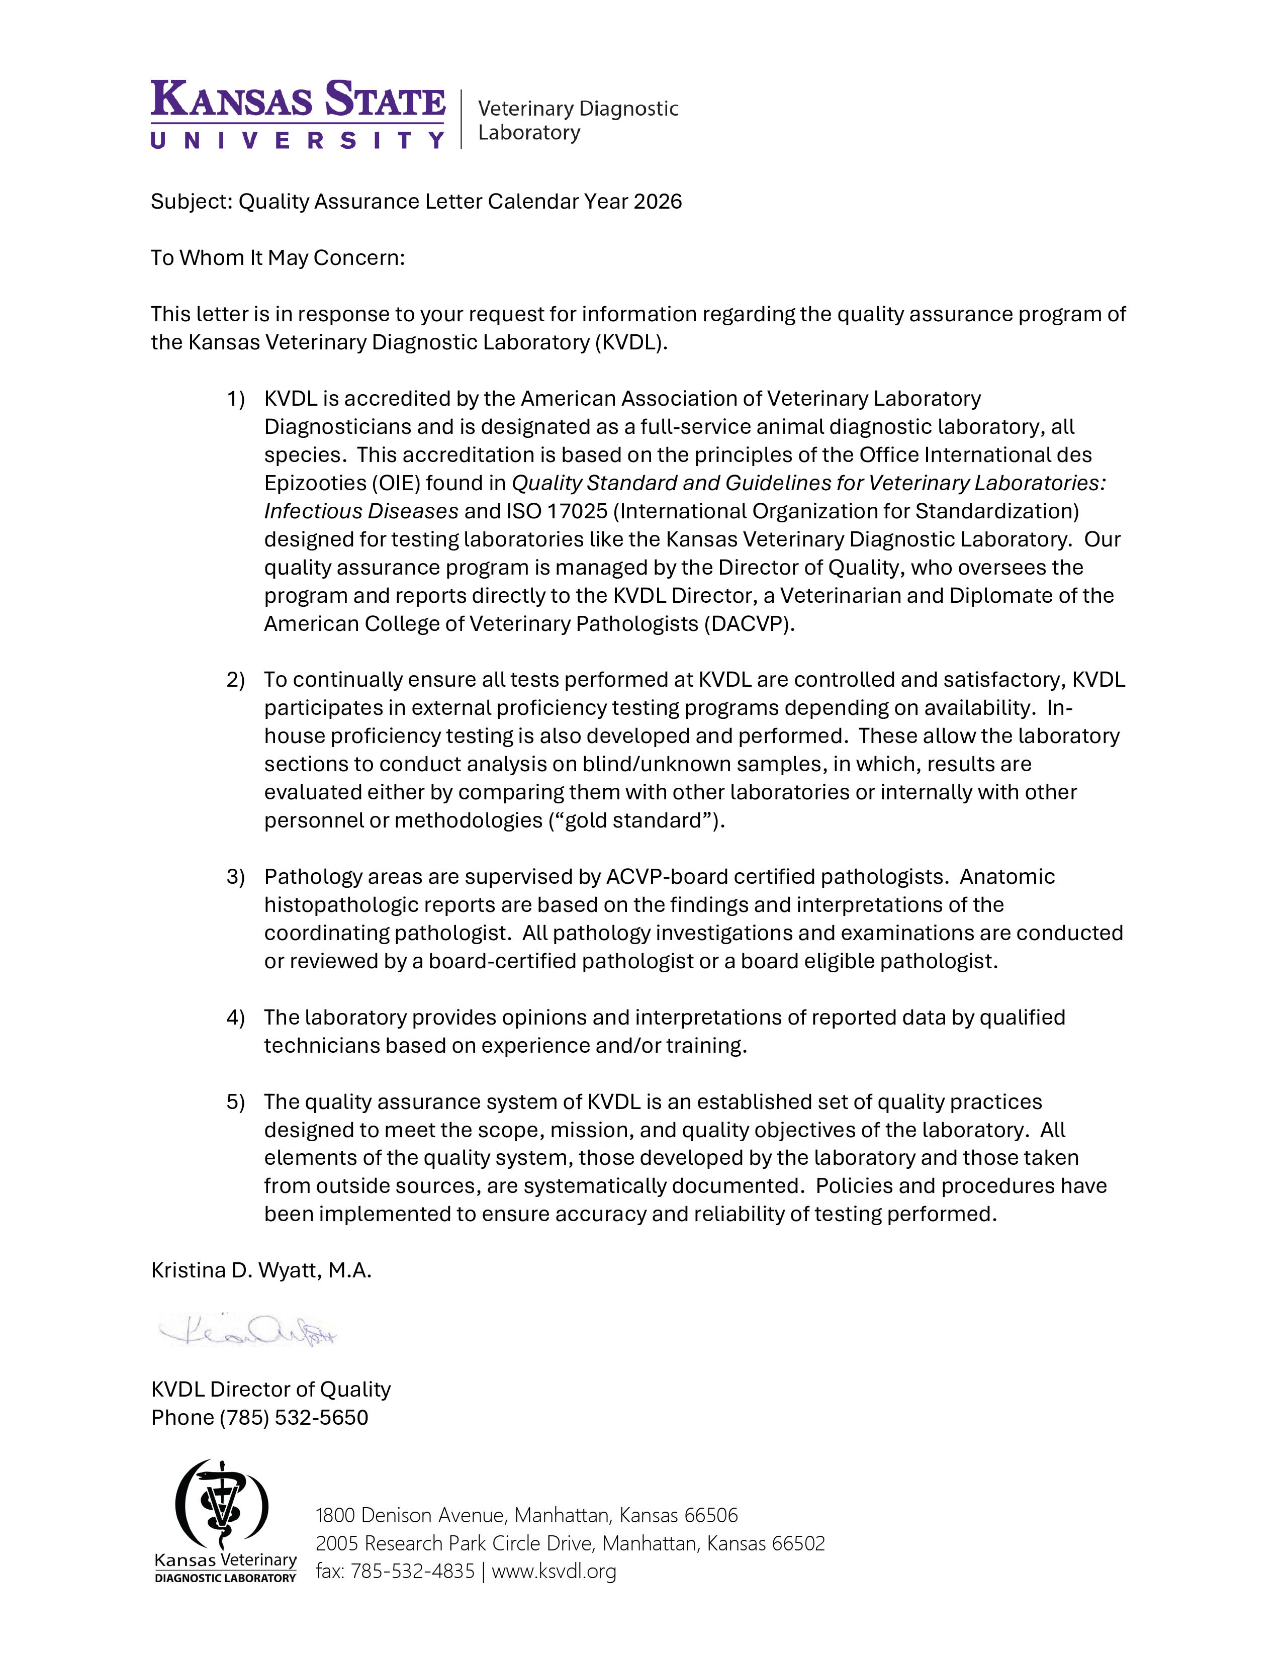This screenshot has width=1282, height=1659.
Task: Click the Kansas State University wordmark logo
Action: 298,114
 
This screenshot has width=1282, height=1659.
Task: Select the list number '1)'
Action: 235,399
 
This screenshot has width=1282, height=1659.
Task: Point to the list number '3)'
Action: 235,877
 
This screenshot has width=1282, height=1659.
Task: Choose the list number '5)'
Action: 235,1101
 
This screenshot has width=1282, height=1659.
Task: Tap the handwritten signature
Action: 247,1332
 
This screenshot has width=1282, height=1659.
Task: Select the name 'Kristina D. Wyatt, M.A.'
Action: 261,1271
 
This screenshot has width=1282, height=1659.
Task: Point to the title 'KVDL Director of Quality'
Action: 270,1390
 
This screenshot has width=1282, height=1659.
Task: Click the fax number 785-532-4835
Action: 412,1571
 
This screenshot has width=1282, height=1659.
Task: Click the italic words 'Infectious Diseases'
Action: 361,511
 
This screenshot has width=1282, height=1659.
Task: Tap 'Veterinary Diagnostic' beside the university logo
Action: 578,109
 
